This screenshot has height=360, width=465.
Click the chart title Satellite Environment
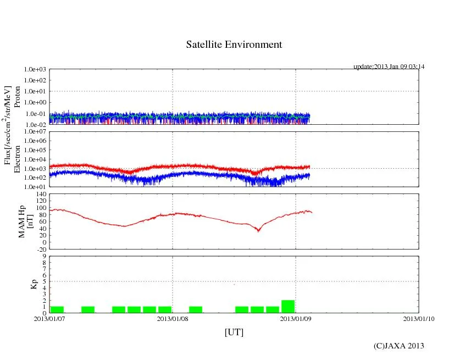point(234,45)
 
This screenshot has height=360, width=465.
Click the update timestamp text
point(389,67)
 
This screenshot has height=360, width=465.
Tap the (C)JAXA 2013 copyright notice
point(398,346)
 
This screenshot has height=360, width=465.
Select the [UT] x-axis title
point(234,332)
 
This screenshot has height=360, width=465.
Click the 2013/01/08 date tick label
point(173,319)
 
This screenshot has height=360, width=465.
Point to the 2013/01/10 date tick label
point(419,319)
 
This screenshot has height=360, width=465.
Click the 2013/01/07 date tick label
point(49,319)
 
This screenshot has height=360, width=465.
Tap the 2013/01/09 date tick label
point(296,319)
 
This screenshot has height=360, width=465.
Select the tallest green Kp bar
point(288,307)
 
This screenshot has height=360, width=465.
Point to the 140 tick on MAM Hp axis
point(40,194)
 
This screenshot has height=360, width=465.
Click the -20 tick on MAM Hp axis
point(40,249)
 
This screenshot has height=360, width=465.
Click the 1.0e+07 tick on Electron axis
point(35,132)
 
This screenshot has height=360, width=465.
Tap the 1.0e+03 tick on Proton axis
point(35,70)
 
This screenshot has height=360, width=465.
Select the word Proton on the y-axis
point(17,97)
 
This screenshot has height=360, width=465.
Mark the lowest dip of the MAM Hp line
point(258,231)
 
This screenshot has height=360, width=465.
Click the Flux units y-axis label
point(8,125)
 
